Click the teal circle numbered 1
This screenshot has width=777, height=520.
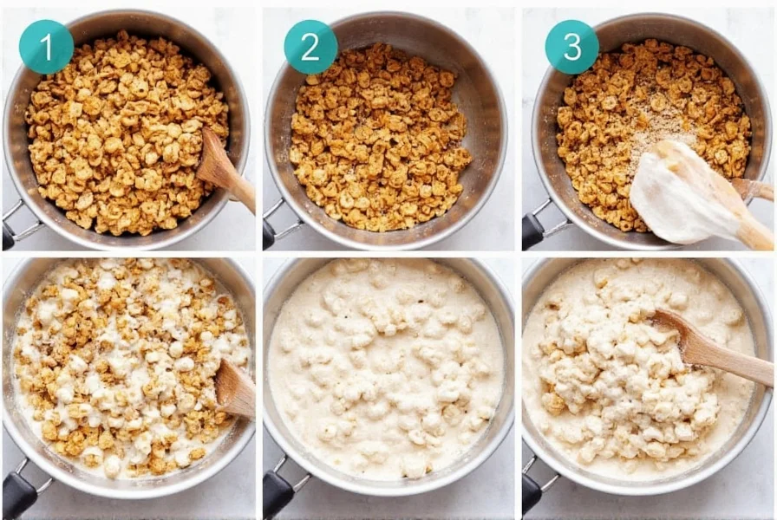click(x=46, y=47)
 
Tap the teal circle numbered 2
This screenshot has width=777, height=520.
click(x=310, y=47)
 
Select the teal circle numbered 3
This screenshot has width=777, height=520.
click(x=571, y=47)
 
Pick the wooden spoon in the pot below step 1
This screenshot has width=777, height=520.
click(x=234, y=389)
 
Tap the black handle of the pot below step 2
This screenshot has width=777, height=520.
click(x=278, y=493)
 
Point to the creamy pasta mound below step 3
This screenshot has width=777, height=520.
click(x=624, y=381)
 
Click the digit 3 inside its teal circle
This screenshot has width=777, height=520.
click(x=571, y=47)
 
